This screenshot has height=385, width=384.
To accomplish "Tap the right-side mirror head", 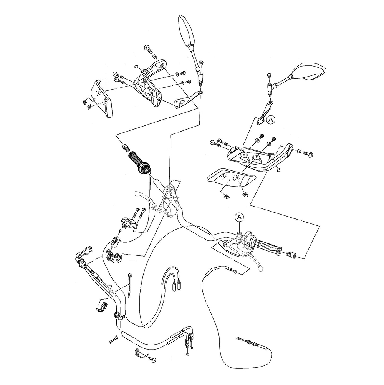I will [308, 72].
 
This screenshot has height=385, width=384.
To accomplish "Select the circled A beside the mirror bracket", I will [271, 120].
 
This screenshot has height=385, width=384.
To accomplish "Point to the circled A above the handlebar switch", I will [239, 217].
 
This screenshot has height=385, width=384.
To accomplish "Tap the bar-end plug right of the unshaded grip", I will [292, 254].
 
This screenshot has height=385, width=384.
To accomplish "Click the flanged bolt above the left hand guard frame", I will [148, 48].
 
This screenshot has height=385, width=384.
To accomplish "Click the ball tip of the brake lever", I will [260, 269].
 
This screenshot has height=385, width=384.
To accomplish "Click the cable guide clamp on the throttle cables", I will [119, 316].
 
